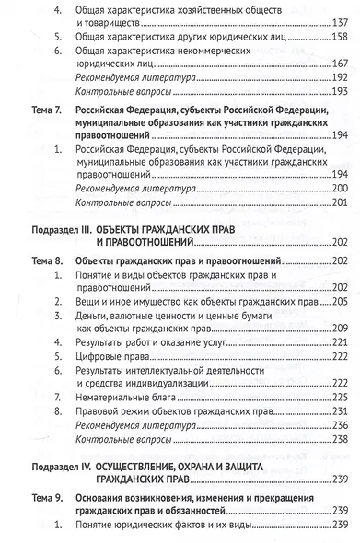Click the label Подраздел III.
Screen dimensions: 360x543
coord(54,227)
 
